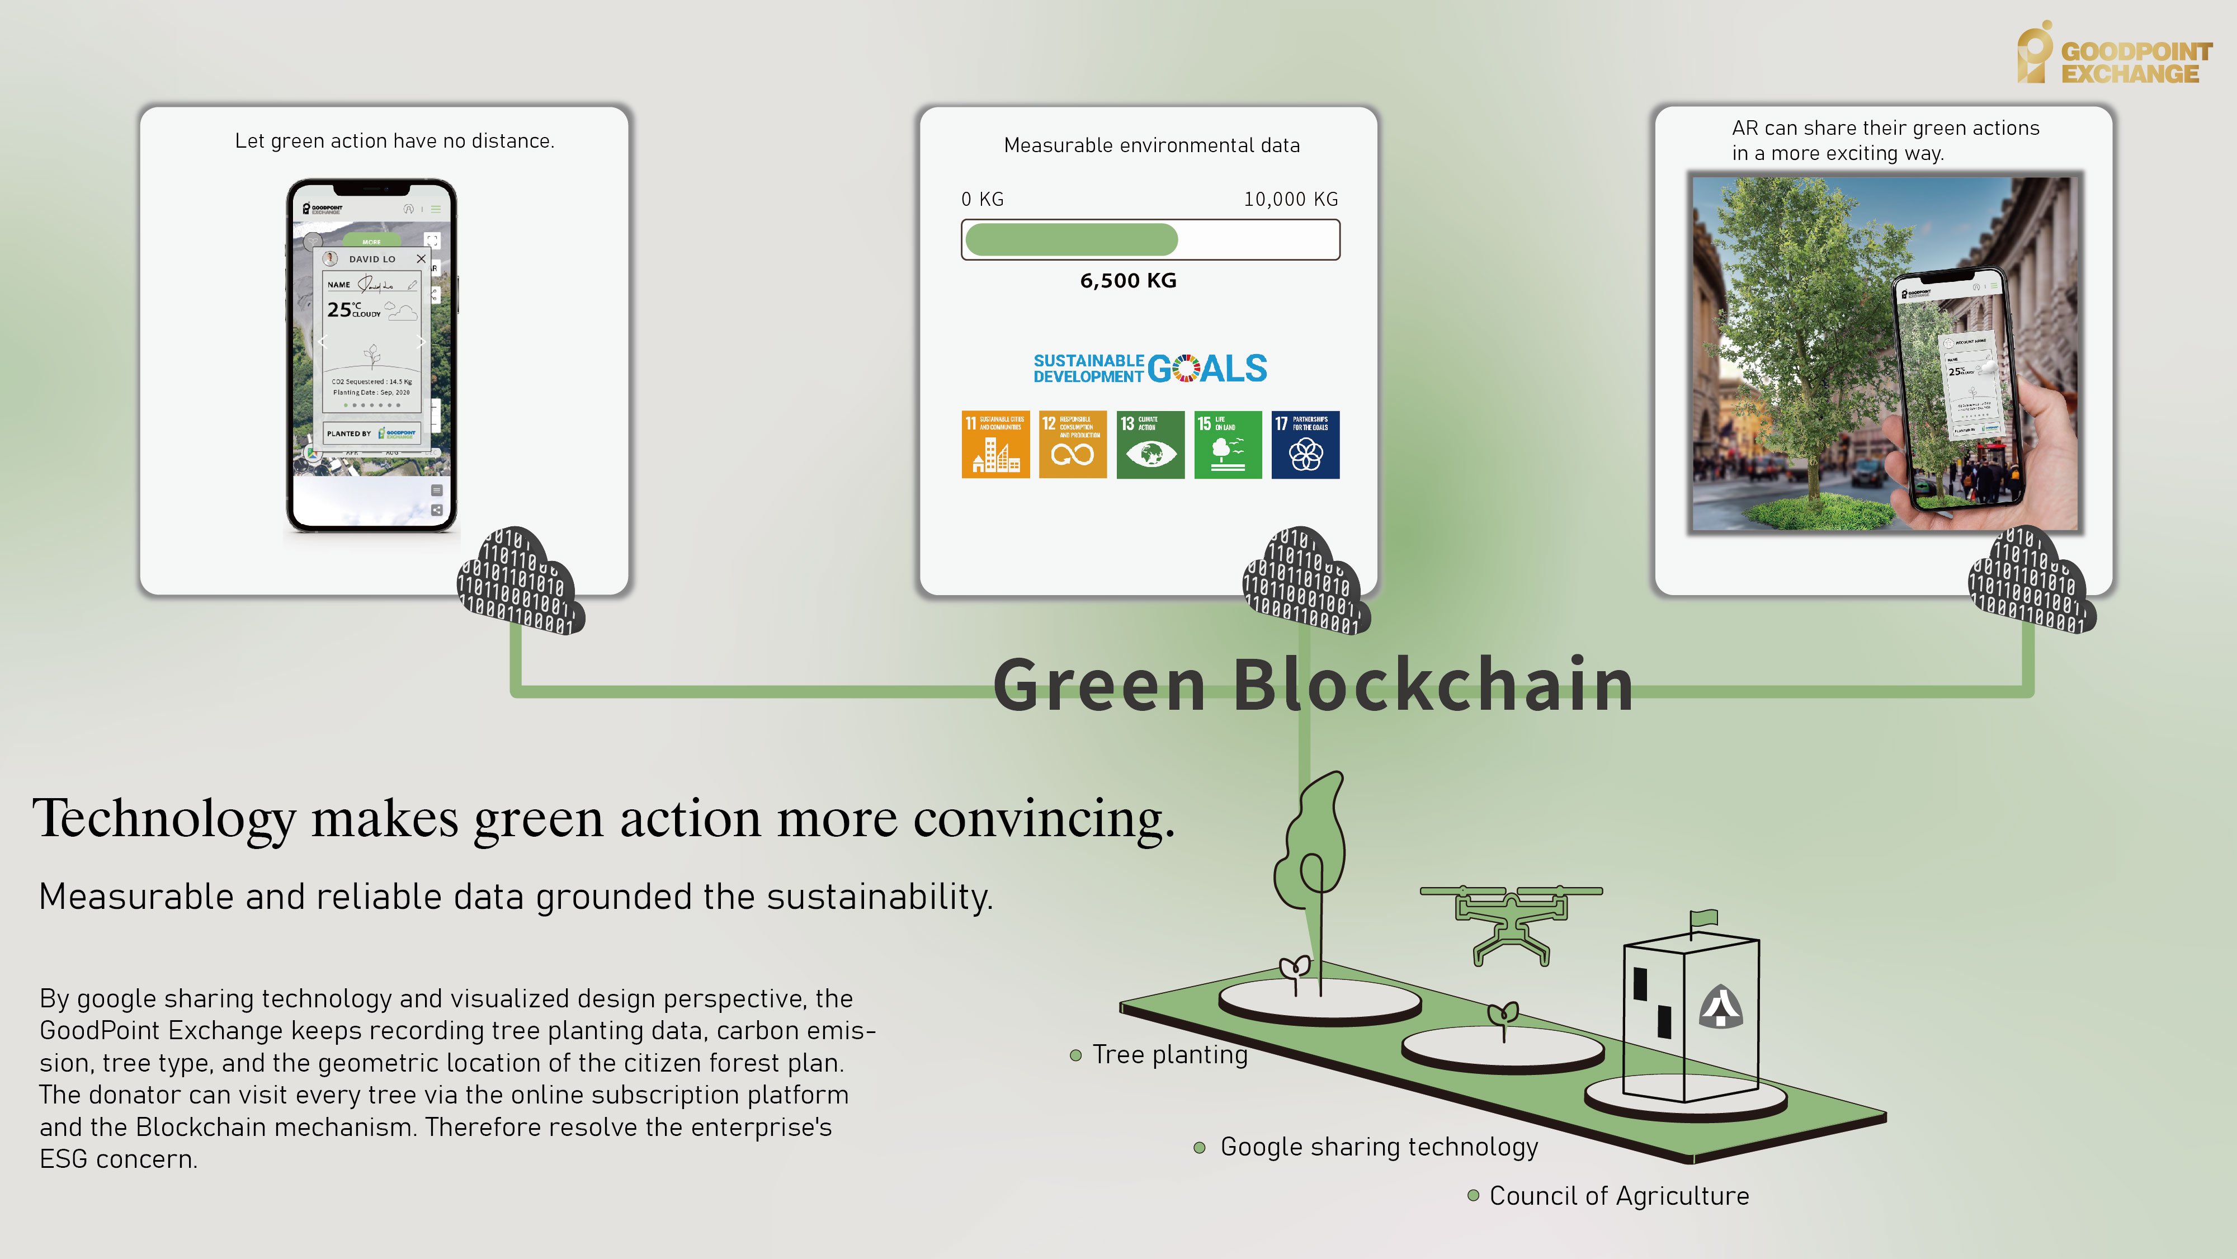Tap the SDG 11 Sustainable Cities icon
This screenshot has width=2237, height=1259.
[995, 445]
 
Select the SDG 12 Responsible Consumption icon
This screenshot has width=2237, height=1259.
[1073, 445]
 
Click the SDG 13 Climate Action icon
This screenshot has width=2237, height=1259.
[1150, 445]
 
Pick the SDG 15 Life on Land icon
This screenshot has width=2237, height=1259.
[1227, 445]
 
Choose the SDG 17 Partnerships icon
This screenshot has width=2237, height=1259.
[1305, 445]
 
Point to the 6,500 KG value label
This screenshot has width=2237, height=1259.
[1128, 280]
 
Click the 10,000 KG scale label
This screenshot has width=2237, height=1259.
[1290, 200]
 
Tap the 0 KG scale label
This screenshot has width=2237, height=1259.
[982, 200]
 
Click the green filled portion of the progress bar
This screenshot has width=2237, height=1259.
[1071, 239]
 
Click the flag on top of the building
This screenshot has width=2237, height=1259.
[1704, 918]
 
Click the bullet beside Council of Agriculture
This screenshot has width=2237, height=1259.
[1473, 1196]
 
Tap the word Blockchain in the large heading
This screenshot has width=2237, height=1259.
[1432, 685]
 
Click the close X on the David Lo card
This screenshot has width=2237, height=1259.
[421, 259]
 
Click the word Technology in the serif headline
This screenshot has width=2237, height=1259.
[164, 819]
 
